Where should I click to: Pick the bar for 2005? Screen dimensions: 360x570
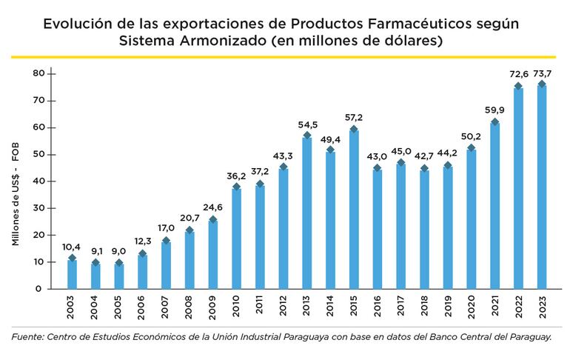[119, 276]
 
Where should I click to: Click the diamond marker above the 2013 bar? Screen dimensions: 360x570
[306, 136]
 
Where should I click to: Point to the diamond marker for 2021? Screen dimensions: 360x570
[494, 121]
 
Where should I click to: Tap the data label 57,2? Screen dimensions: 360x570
[354, 118]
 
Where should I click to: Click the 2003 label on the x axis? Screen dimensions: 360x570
[72, 309]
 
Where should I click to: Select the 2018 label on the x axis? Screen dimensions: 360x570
[424, 309]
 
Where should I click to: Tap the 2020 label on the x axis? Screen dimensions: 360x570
[471, 309]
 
